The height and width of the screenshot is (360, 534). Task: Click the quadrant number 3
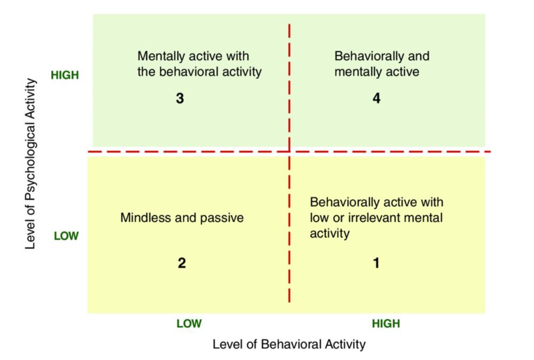[x=180, y=98]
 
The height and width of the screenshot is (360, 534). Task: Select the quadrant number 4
[x=376, y=98]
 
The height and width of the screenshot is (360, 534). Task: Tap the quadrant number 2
[x=182, y=263]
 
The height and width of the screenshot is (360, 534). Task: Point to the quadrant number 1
[x=376, y=263]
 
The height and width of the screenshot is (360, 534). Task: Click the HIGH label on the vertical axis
[x=65, y=75]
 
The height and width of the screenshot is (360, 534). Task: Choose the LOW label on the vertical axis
[x=66, y=236]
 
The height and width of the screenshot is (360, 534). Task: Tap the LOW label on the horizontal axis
[x=189, y=323]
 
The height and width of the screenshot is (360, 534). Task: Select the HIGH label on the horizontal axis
[x=386, y=323]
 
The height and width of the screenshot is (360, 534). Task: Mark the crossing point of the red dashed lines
[x=289, y=151]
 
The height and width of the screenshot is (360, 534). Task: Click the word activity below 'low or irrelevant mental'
[x=329, y=234]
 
